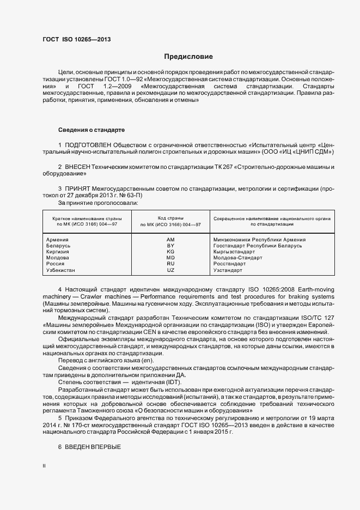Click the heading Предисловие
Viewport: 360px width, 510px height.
(188, 57)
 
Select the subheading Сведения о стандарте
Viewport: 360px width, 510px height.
(91, 130)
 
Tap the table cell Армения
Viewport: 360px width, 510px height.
(57, 239)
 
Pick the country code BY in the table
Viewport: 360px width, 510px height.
(170, 246)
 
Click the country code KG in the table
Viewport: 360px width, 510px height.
(170, 252)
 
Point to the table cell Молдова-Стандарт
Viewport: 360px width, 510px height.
(238, 258)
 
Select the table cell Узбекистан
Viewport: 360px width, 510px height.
(61, 270)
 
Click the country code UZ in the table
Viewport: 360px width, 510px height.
(170, 270)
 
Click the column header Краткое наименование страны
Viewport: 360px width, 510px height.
(83, 218)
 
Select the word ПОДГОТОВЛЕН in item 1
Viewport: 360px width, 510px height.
(88, 146)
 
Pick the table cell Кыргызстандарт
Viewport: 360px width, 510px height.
(234, 252)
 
